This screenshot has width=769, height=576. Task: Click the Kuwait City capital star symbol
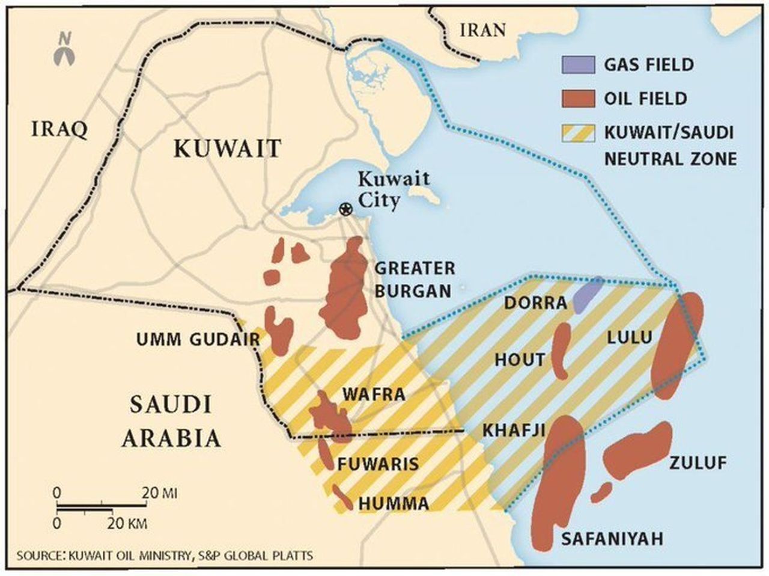coord(345,209)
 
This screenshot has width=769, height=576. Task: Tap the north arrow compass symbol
coord(64,51)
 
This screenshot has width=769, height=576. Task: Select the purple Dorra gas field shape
coord(588,294)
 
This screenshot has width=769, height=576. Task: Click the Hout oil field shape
coord(560,351)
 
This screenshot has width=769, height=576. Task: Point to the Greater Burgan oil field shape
coord(345,292)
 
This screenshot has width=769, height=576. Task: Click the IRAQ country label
coord(59,129)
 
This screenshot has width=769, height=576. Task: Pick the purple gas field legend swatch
coord(578,64)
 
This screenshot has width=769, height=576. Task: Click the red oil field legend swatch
coord(578,99)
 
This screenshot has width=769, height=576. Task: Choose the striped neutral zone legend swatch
coord(578,133)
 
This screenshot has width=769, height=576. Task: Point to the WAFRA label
coord(373,395)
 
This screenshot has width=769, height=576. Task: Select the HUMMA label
coord(394,503)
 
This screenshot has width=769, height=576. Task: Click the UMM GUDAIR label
coord(198,340)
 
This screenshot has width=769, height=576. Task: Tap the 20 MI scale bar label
coord(160,494)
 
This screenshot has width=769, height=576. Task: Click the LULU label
coord(629,338)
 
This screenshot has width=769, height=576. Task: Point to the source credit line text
coord(165,555)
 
